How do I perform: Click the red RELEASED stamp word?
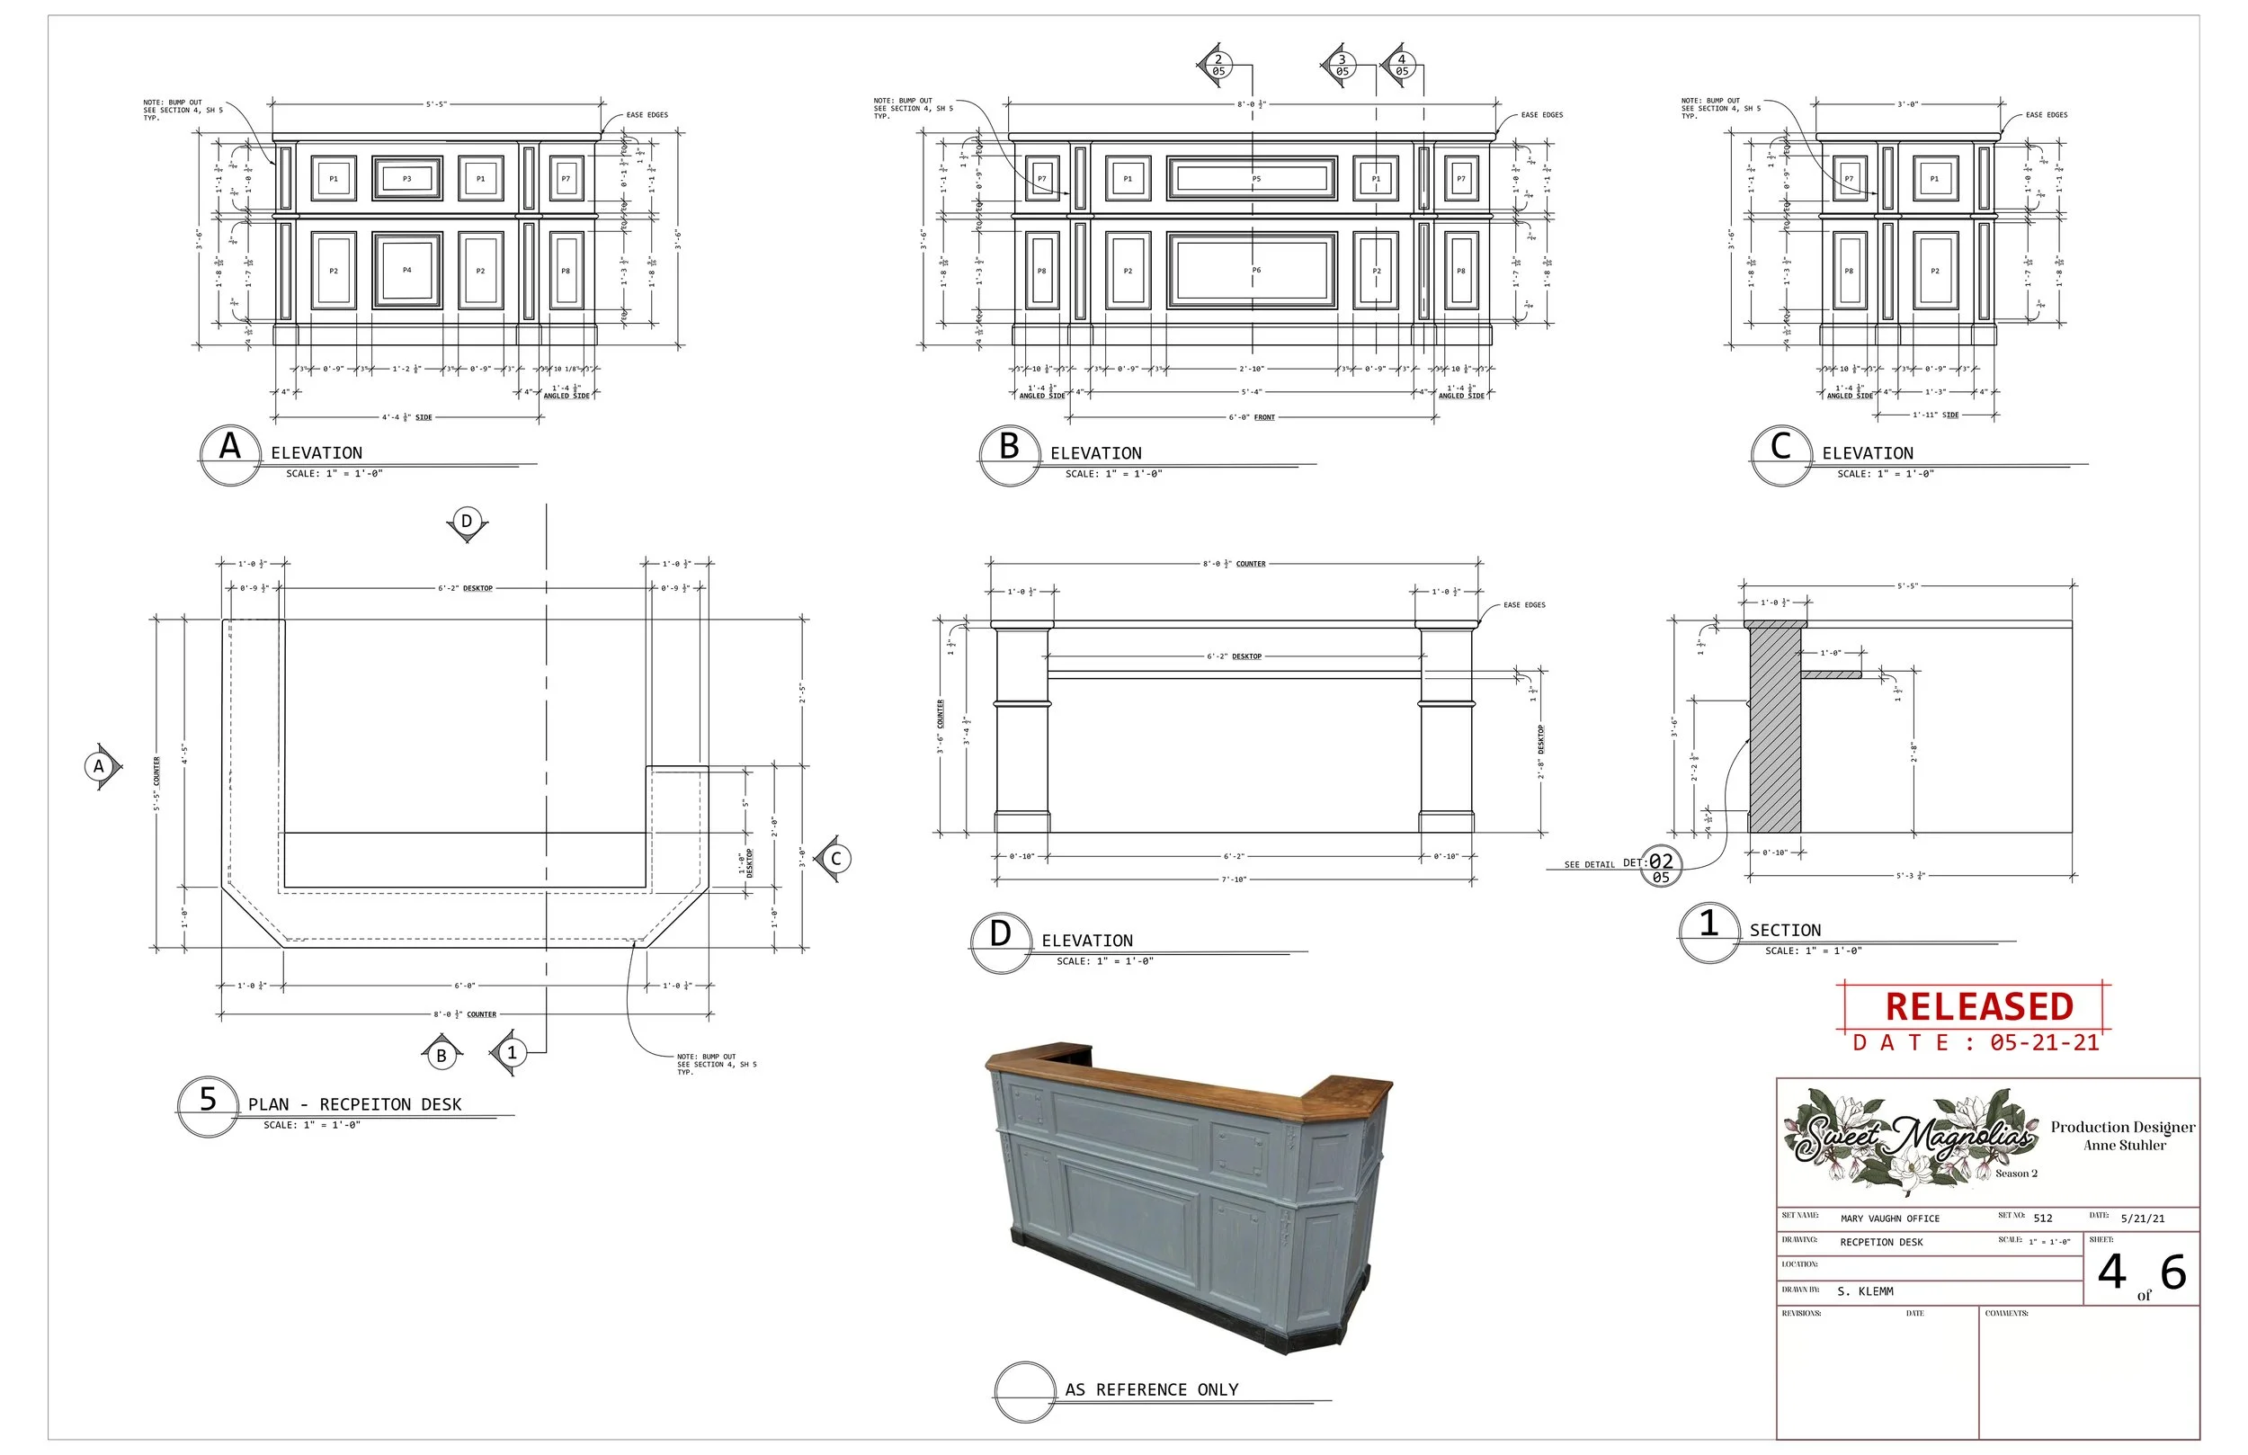[x=1979, y=1007]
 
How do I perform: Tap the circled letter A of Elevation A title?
[x=229, y=446]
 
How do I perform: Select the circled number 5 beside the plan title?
[x=208, y=1100]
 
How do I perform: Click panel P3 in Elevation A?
[x=407, y=178]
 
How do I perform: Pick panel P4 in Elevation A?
[x=407, y=270]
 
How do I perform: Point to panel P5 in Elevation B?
[x=1253, y=178]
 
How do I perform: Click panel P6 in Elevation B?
[x=1253, y=270]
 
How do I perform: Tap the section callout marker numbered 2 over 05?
[x=1218, y=65]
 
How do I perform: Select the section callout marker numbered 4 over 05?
[x=1402, y=65]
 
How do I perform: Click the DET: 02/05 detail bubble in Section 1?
[x=1661, y=865]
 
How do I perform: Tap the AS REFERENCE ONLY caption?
[x=1151, y=1390]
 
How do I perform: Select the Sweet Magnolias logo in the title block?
[x=1913, y=1141]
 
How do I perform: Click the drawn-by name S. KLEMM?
[x=1866, y=1291]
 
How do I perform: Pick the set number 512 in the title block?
[x=2043, y=1218]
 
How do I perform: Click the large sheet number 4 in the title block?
[x=2112, y=1272]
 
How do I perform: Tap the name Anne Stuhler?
[x=2125, y=1146]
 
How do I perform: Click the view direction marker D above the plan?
[x=467, y=522]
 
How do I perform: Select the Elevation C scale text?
[x=1886, y=474]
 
